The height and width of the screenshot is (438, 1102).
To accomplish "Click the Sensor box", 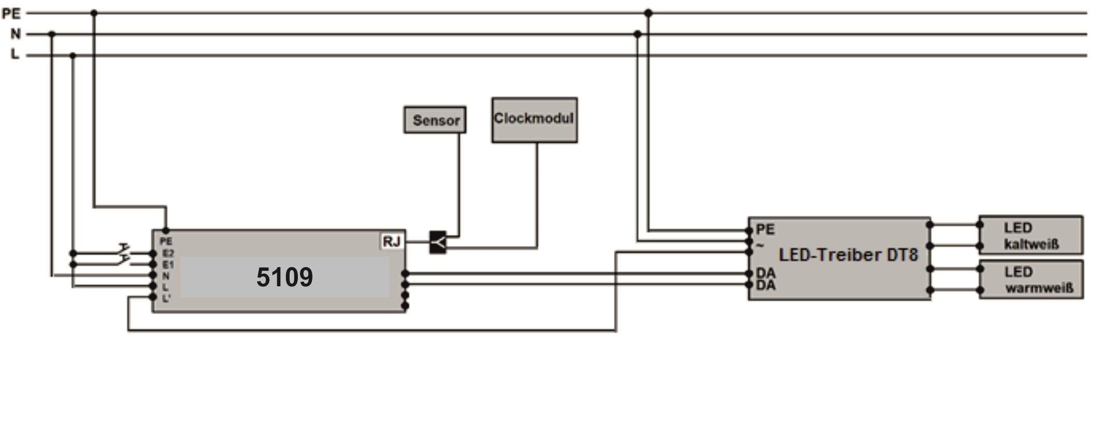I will pos(435,120).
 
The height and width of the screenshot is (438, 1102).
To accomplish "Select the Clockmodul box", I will pos(534,120).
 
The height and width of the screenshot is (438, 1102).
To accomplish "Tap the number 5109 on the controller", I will pos(284,277).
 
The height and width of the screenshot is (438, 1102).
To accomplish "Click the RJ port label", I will pos(392,241).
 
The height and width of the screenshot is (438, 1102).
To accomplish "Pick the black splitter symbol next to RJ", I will pos(438,242).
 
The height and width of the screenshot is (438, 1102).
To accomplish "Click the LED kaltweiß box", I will pos(1030,236).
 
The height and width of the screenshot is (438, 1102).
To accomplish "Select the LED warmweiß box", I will pos(1031,280).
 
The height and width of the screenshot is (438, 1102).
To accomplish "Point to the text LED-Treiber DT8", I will pos(848,255).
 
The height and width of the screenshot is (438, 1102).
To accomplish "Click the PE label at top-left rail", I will pos(11,14).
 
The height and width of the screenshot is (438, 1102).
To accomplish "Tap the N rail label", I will pos(16,34).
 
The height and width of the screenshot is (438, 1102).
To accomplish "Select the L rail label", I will pos(15,54).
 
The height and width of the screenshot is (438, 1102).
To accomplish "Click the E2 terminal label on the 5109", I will pos(168,253).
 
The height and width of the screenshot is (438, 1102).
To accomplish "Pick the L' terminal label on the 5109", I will pos(166,298).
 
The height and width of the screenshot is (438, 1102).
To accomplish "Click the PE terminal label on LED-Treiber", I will pos(765,229).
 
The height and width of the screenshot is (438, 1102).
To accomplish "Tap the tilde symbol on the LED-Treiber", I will pos(760,245).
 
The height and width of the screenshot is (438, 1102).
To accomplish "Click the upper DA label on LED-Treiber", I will pos(765,273).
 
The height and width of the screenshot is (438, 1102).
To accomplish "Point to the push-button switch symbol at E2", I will pos(124,250).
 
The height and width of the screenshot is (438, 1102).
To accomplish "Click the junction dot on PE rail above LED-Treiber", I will pos(648,13).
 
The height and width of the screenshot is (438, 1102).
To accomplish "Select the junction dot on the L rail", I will pos(73,55).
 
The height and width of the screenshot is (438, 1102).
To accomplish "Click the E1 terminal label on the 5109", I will pos(168,265).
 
